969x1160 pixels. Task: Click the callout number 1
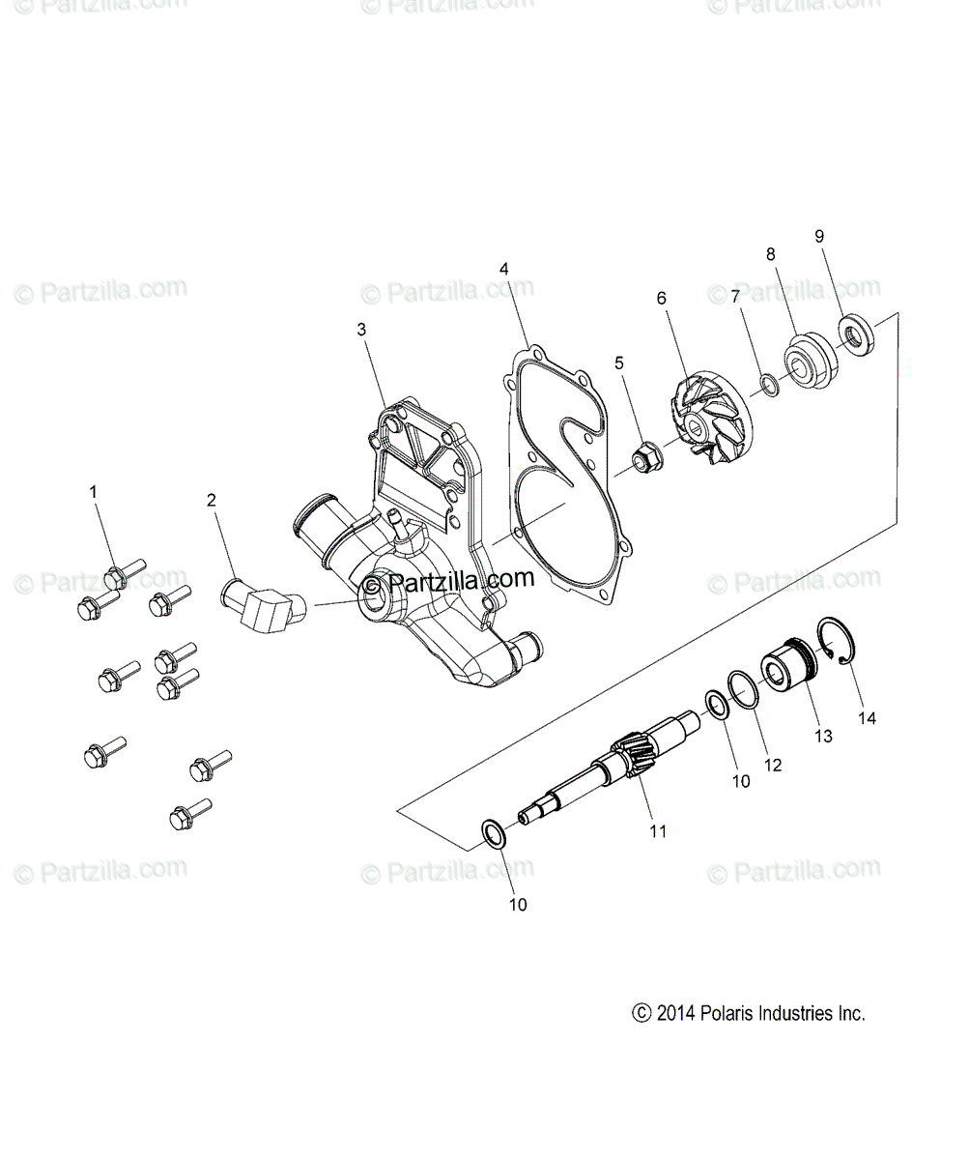94,492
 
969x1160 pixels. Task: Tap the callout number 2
212,500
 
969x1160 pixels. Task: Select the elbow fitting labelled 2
265,610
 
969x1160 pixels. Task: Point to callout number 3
362,330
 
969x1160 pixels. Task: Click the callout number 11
658,830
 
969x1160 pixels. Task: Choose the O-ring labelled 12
742,690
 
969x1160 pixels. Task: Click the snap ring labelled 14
839,642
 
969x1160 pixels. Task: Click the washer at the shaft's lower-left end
493,833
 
